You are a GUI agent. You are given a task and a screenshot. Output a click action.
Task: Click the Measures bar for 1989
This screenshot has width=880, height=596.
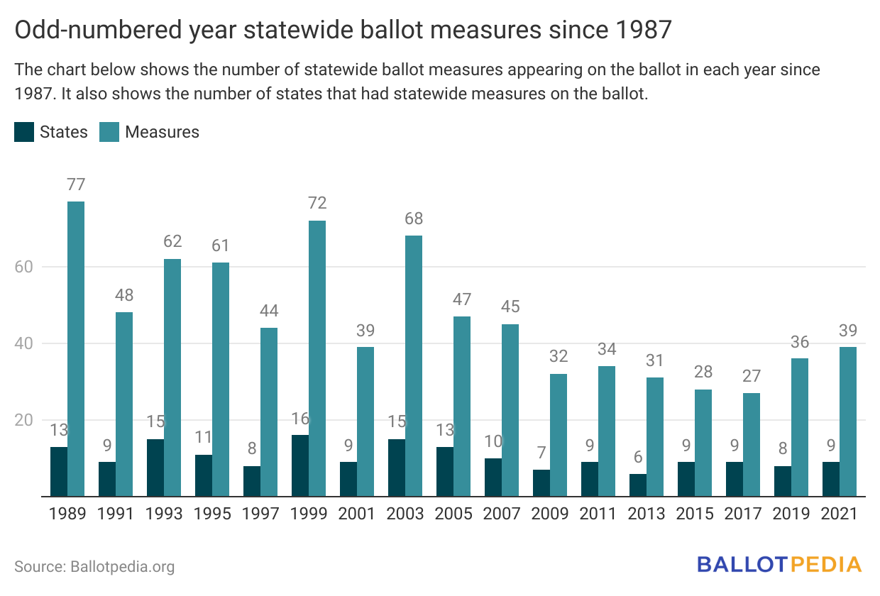coord(76,348)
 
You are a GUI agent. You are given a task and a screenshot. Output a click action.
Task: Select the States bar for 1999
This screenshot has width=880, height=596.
coord(300,465)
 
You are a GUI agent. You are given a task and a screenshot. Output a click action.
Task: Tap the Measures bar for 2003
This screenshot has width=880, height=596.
coord(414,365)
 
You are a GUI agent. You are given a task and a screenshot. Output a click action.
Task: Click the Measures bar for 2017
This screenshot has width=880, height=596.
coord(752,444)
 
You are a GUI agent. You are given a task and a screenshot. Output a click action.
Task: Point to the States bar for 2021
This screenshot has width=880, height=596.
coord(831,479)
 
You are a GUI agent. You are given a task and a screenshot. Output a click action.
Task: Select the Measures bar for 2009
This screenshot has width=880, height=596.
coord(559,435)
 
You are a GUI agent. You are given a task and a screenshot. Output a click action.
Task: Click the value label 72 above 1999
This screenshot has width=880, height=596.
coord(317,204)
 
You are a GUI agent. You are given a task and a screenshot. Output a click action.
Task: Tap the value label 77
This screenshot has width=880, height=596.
coord(76,184)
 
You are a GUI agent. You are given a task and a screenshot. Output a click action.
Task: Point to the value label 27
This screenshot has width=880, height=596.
coord(752,376)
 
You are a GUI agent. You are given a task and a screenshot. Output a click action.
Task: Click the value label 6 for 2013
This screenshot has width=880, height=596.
coord(638,457)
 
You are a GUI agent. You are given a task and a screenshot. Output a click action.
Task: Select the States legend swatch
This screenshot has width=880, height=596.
coord(24,132)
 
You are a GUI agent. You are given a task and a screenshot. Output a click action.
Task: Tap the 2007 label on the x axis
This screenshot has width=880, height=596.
coord(502,514)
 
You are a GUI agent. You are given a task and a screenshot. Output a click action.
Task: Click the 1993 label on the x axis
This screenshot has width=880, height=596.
coord(164,514)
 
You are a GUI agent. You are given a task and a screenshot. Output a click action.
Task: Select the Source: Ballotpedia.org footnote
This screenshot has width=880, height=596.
coord(94,567)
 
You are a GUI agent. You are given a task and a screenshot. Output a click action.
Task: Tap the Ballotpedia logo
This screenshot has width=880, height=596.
coord(779,565)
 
